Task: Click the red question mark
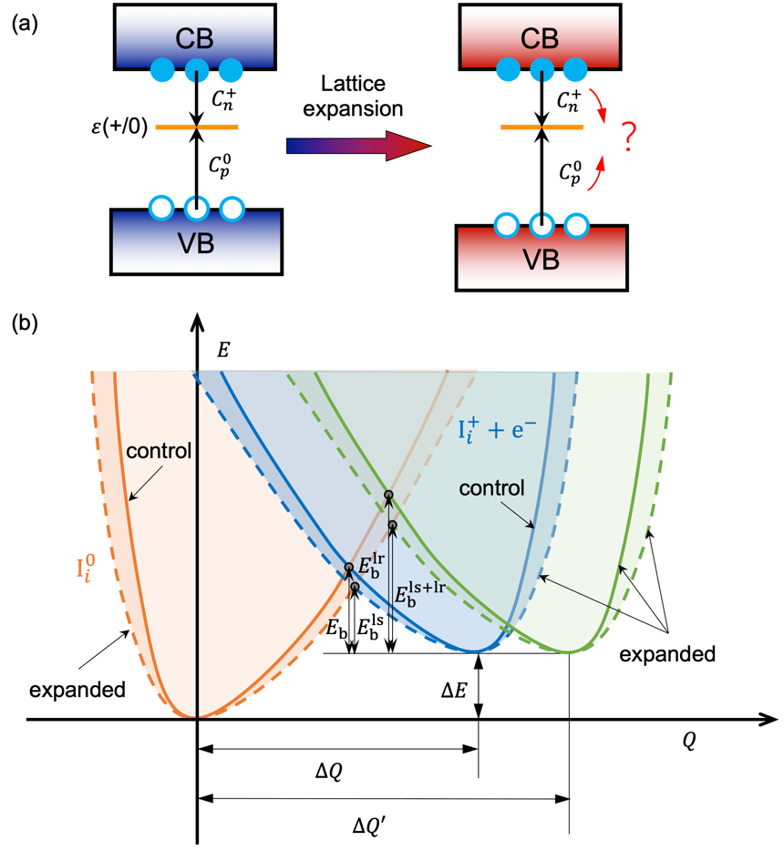click(630, 139)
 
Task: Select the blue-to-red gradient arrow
click(356, 145)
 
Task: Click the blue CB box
click(195, 38)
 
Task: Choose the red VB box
click(542, 256)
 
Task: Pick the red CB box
click(542, 38)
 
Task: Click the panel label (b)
click(24, 323)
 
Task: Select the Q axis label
click(689, 742)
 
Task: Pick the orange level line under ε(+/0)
click(196, 127)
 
